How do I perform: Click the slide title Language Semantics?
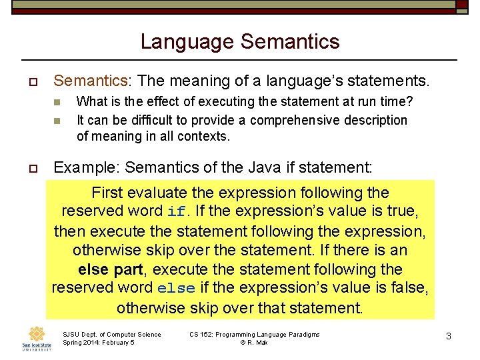pyautogui.click(x=240, y=42)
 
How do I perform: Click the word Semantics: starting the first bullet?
pyautogui.click(x=91, y=81)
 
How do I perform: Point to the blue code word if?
pyautogui.click(x=176, y=213)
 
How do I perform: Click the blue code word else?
pyautogui.click(x=176, y=289)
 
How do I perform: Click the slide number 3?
pyautogui.click(x=449, y=337)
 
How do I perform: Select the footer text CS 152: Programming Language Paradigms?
pyautogui.click(x=254, y=334)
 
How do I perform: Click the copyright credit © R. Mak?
pyautogui.click(x=254, y=343)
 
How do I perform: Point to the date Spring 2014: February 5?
pyautogui.click(x=98, y=343)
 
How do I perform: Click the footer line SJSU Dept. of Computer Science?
pyautogui.click(x=111, y=334)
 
